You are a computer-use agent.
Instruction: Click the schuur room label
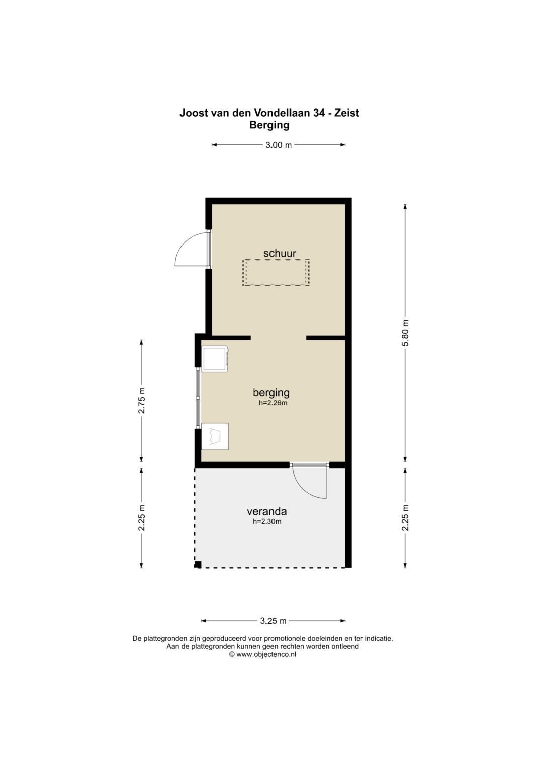(280, 253)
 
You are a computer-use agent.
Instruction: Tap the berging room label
(271, 393)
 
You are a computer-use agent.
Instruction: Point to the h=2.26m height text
(273, 403)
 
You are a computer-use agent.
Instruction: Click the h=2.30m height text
(267, 522)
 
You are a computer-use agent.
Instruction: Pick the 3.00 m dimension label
(279, 145)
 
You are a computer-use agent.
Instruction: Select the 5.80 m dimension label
(406, 333)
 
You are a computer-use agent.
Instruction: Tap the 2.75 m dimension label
(142, 400)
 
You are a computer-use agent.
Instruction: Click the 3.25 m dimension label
(273, 621)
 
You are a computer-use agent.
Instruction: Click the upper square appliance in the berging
(215, 359)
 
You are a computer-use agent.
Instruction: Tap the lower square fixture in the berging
(215, 436)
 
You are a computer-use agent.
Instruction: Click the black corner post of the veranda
(198, 565)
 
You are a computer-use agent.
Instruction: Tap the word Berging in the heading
(269, 126)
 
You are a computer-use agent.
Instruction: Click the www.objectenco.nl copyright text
(262, 654)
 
